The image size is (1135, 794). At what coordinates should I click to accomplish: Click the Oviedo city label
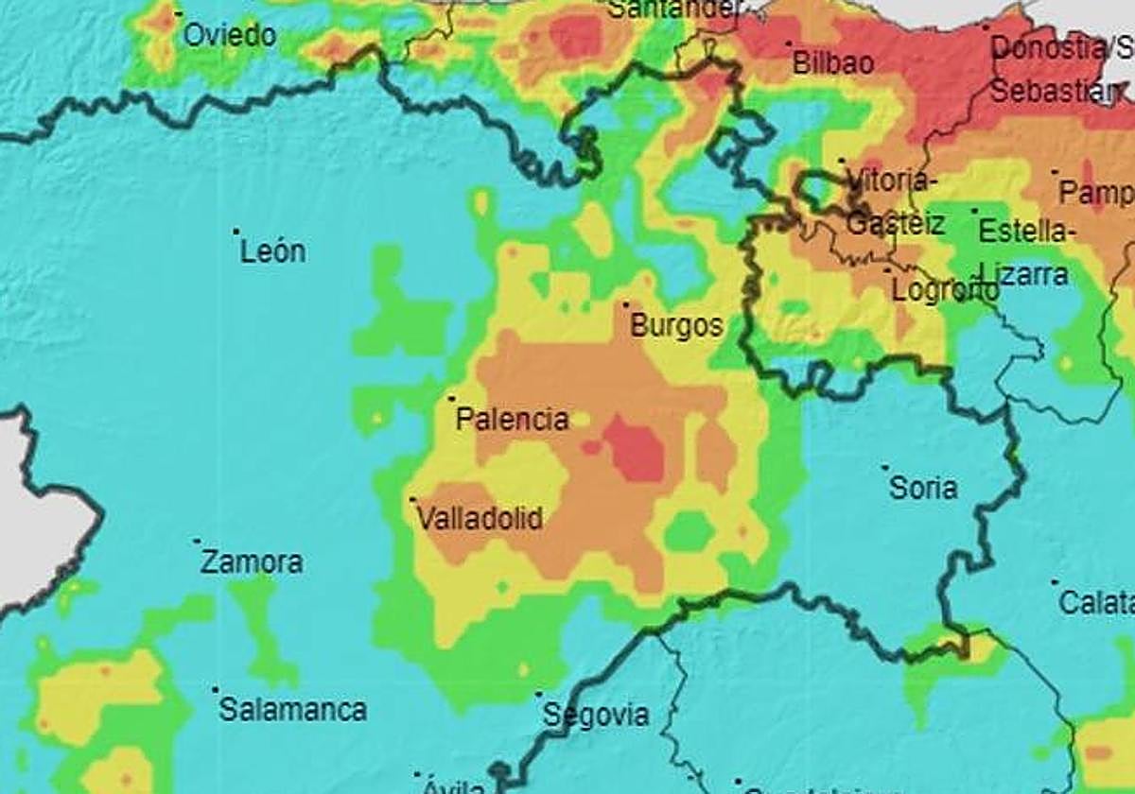click(x=229, y=36)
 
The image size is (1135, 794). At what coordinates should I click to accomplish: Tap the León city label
click(x=272, y=252)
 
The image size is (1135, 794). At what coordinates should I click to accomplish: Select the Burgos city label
click(x=676, y=327)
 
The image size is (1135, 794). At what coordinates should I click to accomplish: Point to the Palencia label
click(x=512, y=420)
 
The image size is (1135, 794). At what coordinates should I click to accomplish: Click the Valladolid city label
click(x=480, y=519)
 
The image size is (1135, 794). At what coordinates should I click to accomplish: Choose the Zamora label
click(x=252, y=562)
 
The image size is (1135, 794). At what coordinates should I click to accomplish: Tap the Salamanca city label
click(x=292, y=710)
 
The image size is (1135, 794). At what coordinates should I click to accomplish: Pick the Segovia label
click(x=596, y=716)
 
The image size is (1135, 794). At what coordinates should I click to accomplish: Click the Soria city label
click(x=923, y=489)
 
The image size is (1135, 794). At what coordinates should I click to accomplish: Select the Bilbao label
click(x=832, y=63)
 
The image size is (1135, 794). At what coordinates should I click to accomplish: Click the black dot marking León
click(x=236, y=231)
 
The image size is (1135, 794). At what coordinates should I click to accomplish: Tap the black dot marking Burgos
click(x=625, y=304)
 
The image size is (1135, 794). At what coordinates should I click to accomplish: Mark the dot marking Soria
click(x=885, y=467)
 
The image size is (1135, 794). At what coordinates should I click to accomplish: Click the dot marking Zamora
click(x=197, y=542)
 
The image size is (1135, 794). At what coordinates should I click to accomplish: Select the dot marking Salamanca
click(x=215, y=689)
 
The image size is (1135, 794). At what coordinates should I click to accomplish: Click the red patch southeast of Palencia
click(x=635, y=449)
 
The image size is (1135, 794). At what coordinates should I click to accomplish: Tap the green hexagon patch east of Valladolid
click(x=689, y=532)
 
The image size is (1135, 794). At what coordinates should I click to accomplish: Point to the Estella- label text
click(x=1025, y=231)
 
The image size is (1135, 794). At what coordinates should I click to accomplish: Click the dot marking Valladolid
click(x=412, y=498)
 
